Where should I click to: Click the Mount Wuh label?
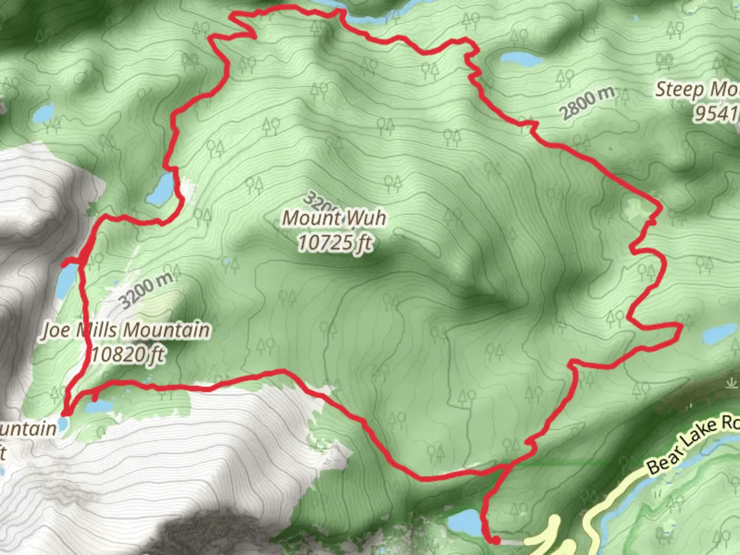pos(334,218)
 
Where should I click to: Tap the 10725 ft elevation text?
pos(335,243)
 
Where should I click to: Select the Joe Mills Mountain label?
pos(126,330)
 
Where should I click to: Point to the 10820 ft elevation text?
pos(128,355)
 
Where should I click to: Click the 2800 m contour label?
pos(587,104)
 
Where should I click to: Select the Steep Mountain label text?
pos(697,90)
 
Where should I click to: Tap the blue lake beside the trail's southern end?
pos(465,523)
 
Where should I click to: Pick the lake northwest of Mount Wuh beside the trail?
pos(161,189)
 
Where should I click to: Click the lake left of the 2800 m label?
pos(521,59)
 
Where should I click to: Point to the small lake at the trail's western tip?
pos(63,424)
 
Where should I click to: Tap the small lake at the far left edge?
pos(44,113)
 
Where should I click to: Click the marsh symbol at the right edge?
pos(731,383)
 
